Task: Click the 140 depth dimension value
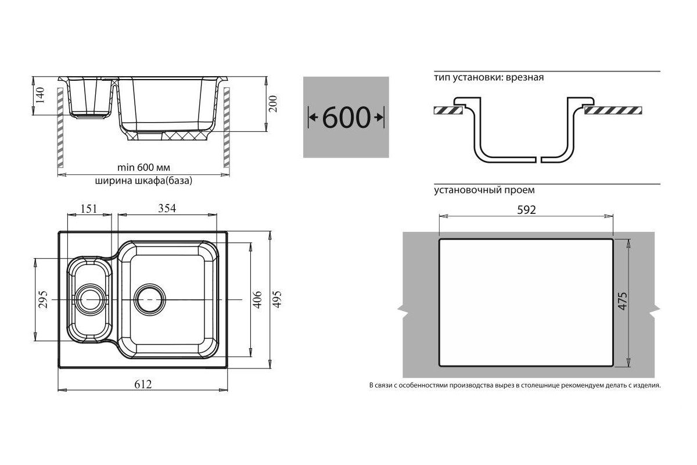click(x=40, y=95)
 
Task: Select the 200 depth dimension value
click(x=272, y=103)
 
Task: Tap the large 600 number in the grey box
click(x=346, y=117)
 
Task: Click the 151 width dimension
click(x=89, y=209)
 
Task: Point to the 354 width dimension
click(x=167, y=208)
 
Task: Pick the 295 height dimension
click(x=43, y=299)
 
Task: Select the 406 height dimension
click(x=257, y=299)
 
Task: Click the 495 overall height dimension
click(x=276, y=299)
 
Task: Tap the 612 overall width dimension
click(x=143, y=384)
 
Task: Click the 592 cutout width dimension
click(x=526, y=210)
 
